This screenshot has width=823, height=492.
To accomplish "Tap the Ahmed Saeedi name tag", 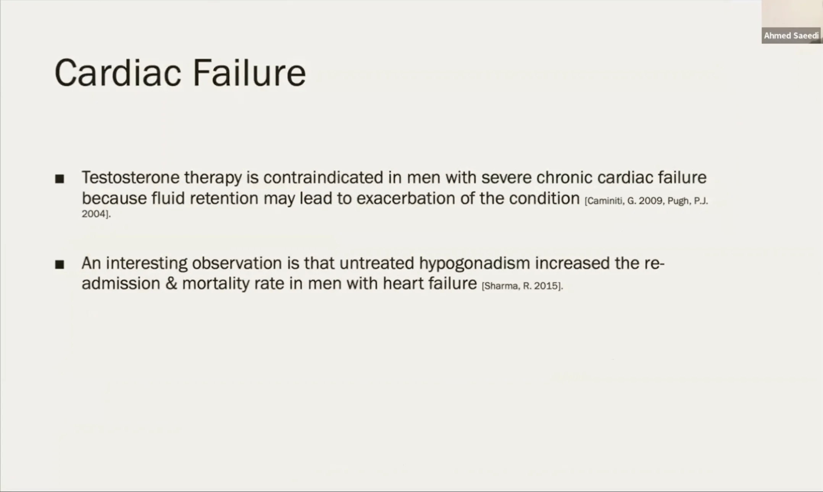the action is click(x=791, y=35).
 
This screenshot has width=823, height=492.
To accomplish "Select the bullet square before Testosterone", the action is click(x=60, y=178).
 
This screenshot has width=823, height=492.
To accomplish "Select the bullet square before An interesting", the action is click(x=60, y=264).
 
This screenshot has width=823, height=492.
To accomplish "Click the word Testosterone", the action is click(x=130, y=177).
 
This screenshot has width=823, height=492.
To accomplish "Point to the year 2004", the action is click(x=94, y=214).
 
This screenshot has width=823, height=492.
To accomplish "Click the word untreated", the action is click(x=376, y=263).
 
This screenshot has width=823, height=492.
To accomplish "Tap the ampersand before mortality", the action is click(x=171, y=283).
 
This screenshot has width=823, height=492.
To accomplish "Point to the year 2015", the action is click(x=547, y=286).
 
